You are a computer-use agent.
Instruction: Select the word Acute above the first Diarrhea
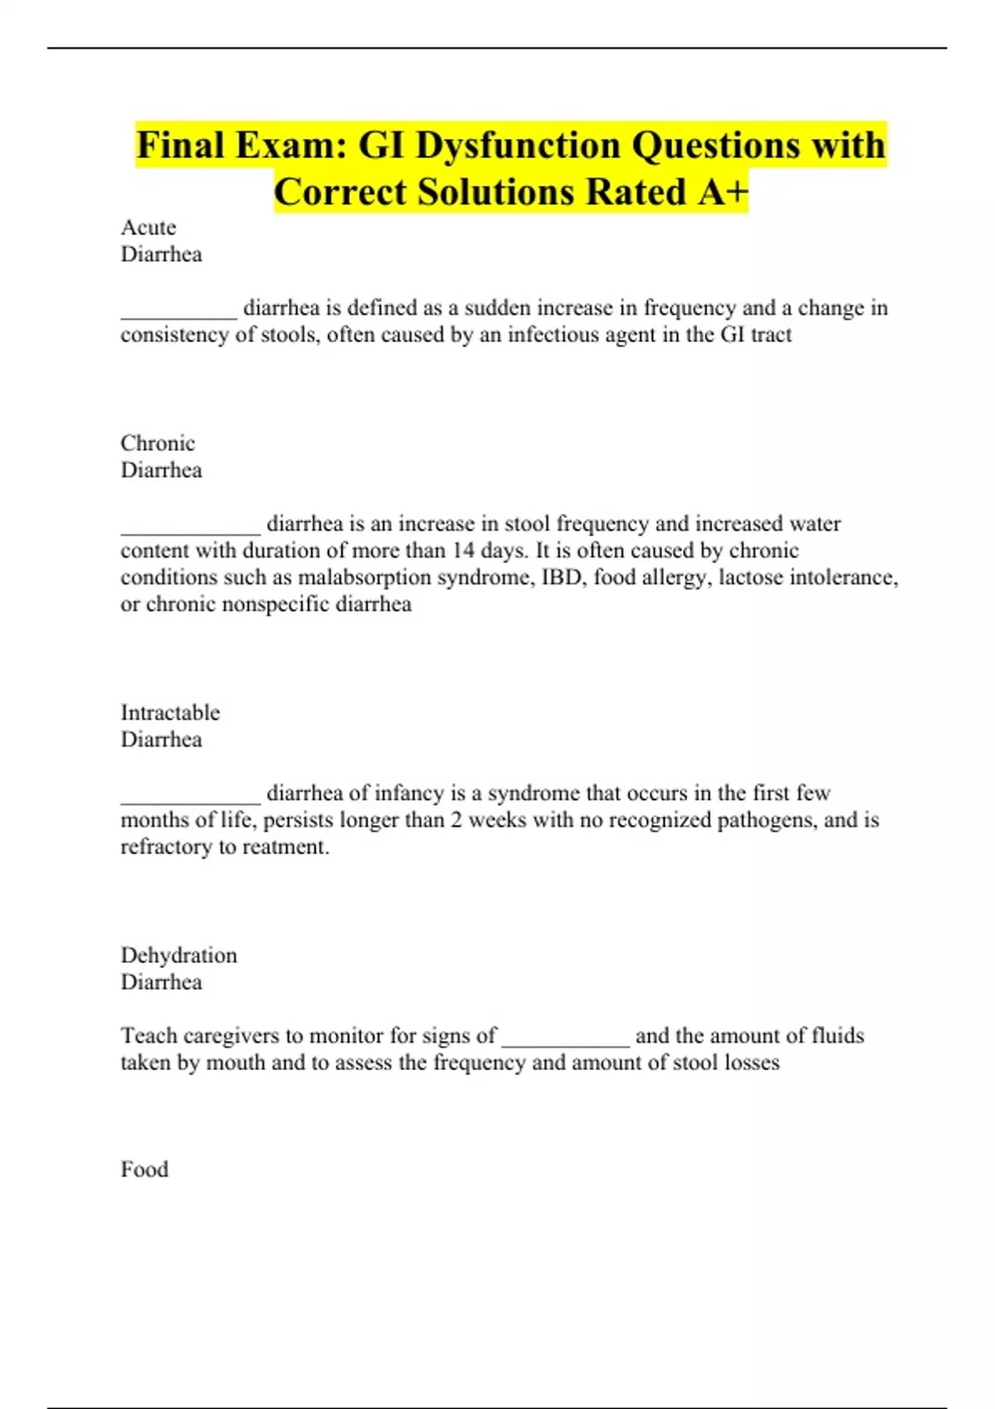click(148, 227)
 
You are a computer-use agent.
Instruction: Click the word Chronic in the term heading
click(158, 443)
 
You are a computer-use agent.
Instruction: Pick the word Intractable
click(170, 712)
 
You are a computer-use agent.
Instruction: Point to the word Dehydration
click(178, 955)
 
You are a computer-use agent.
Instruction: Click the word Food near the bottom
click(144, 1169)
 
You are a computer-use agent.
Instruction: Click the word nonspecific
click(275, 604)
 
